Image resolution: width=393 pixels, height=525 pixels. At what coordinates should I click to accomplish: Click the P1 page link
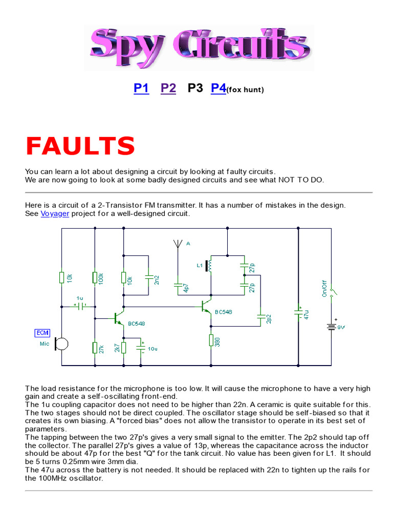tap(141, 88)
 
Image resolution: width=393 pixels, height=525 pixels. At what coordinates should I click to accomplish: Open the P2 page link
tap(168, 88)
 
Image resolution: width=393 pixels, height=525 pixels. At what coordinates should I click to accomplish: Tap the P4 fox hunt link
tap(219, 88)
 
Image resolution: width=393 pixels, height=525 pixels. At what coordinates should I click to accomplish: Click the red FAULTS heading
tap(80, 147)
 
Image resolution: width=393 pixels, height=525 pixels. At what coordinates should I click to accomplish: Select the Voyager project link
tap(55, 213)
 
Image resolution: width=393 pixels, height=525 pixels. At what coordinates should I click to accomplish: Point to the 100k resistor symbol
tap(95, 277)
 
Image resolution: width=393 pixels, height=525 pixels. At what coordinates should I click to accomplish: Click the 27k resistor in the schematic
tap(95, 348)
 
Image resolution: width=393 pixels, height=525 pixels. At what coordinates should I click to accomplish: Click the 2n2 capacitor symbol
tap(148, 278)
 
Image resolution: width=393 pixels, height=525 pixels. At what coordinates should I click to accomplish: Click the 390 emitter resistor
tap(211, 340)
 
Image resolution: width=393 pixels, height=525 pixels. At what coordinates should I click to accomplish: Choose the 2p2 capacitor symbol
tap(260, 317)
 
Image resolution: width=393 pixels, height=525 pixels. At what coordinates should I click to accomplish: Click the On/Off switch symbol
tap(332, 293)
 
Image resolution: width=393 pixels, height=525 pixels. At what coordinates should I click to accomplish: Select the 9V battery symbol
tap(331, 326)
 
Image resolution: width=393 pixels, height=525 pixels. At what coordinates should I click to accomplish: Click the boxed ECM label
tap(42, 333)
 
